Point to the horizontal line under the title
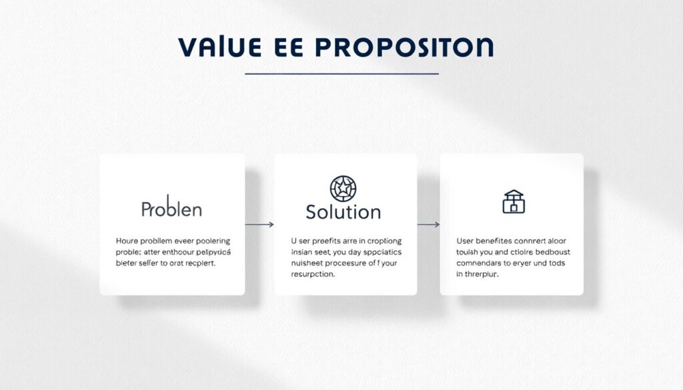point(341,73)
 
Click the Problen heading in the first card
point(171,209)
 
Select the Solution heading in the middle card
point(343,212)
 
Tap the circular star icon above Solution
point(343,189)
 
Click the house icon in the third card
point(513,201)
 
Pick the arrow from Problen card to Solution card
point(259,225)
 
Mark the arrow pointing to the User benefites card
point(428,225)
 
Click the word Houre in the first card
point(127,241)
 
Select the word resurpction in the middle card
point(313,275)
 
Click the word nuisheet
point(309,263)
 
